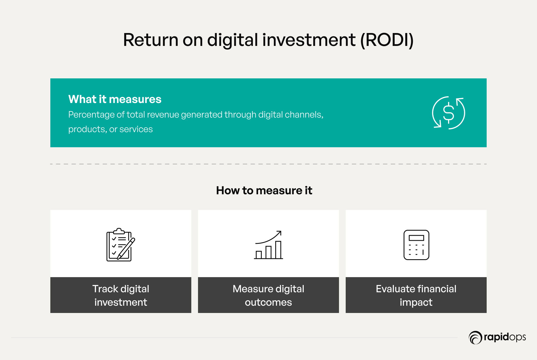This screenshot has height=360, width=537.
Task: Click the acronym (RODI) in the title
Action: click(387, 40)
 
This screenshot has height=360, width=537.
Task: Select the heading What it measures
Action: click(115, 99)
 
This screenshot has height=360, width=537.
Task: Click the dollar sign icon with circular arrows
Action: click(449, 113)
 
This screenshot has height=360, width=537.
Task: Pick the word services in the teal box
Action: click(136, 129)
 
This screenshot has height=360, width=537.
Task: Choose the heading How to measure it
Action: click(264, 190)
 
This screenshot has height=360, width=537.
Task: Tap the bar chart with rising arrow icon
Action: click(268, 245)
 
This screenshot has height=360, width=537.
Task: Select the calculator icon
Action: click(416, 245)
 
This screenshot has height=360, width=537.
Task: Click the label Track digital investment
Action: click(121, 295)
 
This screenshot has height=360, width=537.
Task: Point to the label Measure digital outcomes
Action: click(268, 295)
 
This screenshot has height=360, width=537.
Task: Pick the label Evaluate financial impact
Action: click(416, 295)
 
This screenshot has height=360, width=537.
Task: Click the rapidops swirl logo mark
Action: click(475, 337)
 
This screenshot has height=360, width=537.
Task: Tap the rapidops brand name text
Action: click(505, 337)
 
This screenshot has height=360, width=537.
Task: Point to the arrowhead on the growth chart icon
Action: click(279, 233)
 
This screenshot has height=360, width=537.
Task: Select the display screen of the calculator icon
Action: click(416, 238)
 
